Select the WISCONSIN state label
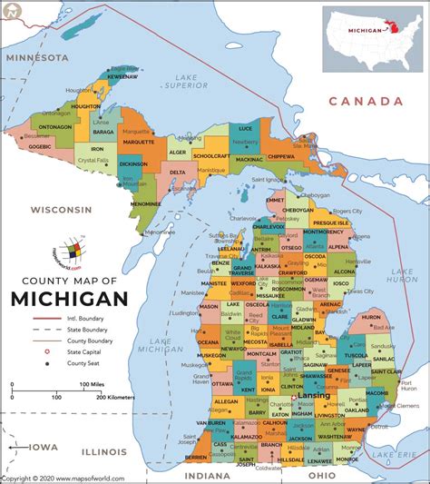point(62,209)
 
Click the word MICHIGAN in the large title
point(69,299)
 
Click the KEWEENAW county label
point(122,77)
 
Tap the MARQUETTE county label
point(139,142)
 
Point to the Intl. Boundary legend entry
point(85,320)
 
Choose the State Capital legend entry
point(84,350)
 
